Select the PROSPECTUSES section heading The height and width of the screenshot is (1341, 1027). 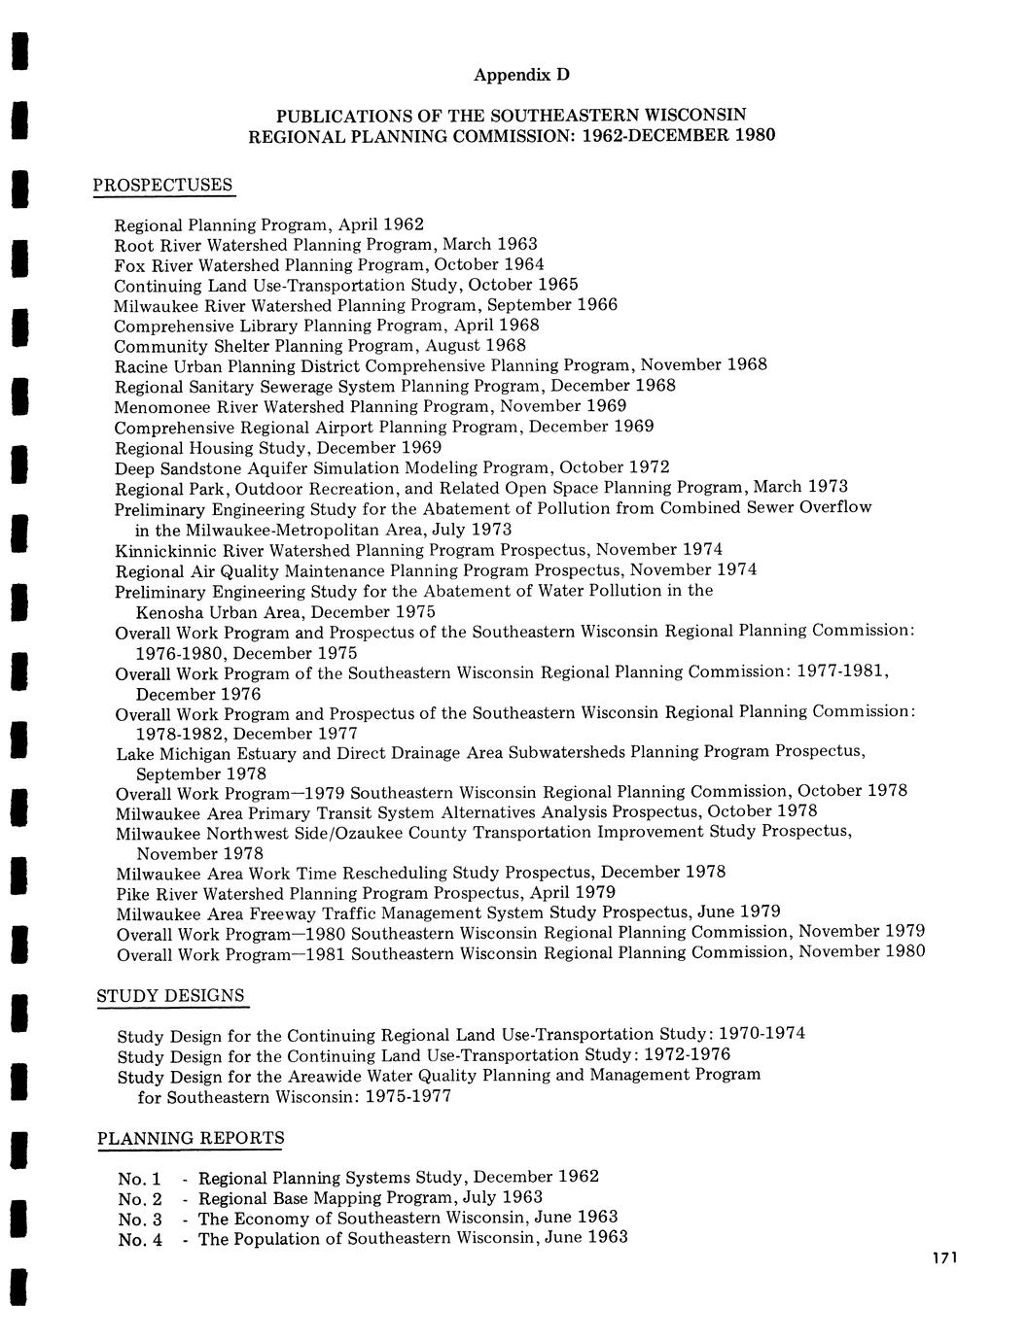point(163,185)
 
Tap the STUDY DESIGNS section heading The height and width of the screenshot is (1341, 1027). point(171,996)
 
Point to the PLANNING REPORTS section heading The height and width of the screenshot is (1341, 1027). point(192,1138)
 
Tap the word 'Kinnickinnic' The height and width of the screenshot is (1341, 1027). point(160,550)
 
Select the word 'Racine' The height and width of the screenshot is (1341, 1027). point(141,366)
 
